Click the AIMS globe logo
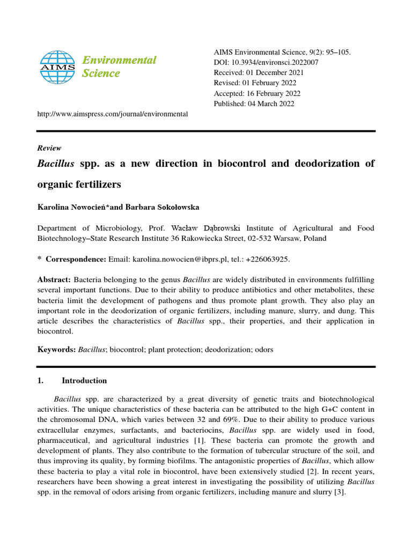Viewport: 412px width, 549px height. pos(58,66)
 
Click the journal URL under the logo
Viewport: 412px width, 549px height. pos(112,114)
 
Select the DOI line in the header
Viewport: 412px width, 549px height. pos(266,63)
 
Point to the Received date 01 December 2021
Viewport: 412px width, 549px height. pos(259,73)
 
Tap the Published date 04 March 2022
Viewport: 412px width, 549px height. pos(254,104)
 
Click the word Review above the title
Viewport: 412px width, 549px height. pos(49,148)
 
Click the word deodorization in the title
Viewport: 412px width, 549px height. pos(327,164)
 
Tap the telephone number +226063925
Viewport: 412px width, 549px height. pos(267,259)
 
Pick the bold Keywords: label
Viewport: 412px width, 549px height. pos(56,350)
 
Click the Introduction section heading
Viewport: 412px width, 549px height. pos(84,381)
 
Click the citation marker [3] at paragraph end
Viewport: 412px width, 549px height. pos(339,492)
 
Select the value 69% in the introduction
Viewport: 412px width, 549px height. pos(228,420)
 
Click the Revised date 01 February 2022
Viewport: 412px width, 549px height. pos(255,83)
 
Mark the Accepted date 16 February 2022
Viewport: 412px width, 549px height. pos(256,93)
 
